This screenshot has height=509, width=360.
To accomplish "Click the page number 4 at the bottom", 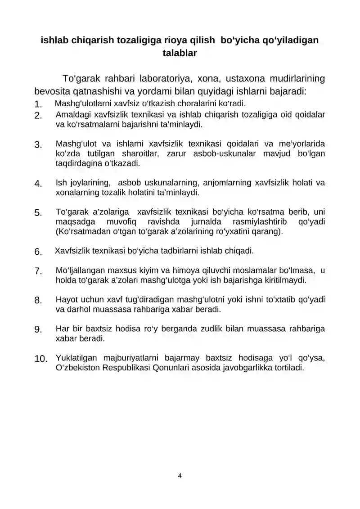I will (180, 476).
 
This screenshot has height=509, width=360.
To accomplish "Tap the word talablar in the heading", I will (180, 53).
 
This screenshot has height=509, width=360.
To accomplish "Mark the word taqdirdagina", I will (77, 163).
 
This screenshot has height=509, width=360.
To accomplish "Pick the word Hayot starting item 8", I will (66, 300).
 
